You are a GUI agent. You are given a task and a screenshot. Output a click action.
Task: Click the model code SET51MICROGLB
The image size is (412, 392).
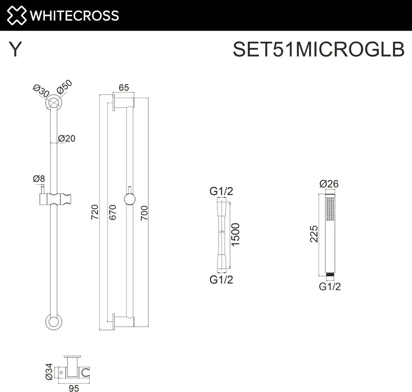tap(318, 49)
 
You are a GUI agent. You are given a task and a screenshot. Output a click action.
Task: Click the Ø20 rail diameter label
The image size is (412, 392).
tap(66, 138)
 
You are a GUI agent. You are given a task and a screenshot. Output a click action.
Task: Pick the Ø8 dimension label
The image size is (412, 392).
tap(39, 179)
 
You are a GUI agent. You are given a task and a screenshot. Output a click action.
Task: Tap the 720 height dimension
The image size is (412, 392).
tap(95, 212)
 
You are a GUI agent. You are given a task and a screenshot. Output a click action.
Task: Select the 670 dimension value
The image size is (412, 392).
tap(113, 212)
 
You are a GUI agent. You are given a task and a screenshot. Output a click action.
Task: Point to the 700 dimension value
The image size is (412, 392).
tap(144, 213)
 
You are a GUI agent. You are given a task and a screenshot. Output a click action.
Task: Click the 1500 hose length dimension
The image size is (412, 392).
tap(235, 234)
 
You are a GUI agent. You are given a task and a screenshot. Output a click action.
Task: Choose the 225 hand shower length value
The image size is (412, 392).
tap(314, 234)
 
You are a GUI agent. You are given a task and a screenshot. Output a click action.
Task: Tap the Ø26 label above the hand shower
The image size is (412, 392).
tap(329, 184)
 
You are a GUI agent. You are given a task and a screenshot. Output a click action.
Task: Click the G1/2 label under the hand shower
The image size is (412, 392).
tap(330, 287)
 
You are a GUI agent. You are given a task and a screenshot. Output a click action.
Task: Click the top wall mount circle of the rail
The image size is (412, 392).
tap(53, 103)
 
